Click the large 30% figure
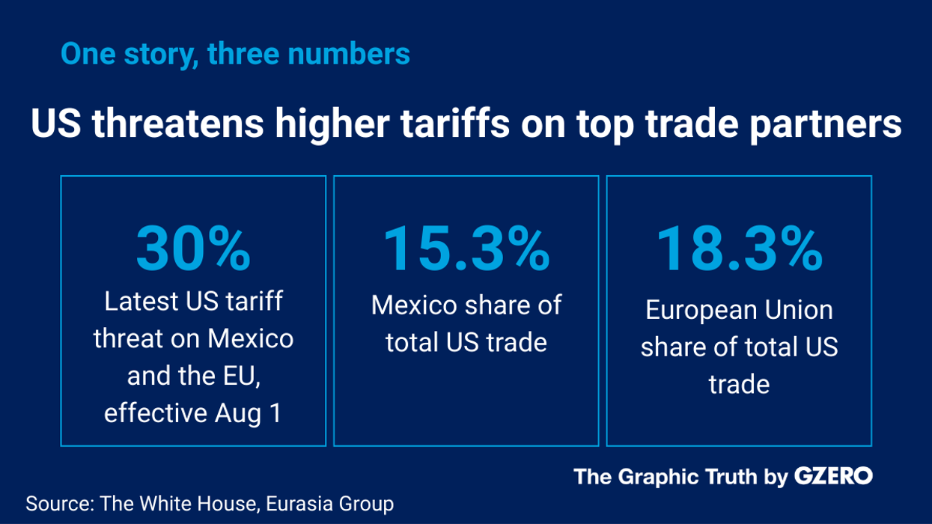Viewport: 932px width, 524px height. pyautogui.click(x=193, y=249)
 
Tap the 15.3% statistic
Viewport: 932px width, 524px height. pyautogui.click(x=466, y=249)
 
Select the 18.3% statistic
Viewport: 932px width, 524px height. pyautogui.click(x=739, y=249)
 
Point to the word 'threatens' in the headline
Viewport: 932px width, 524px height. pyautogui.click(x=178, y=124)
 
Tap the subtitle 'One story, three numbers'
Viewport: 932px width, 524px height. pyautogui.click(x=235, y=54)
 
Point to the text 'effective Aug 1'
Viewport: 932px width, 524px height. pyautogui.click(x=193, y=413)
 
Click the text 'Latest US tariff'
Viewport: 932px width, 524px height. pyautogui.click(x=193, y=302)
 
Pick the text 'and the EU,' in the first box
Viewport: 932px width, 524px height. pyautogui.click(x=193, y=376)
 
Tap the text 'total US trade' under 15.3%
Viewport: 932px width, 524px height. pyautogui.click(x=466, y=342)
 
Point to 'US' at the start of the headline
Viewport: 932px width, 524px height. pyautogui.click(x=55, y=124)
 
